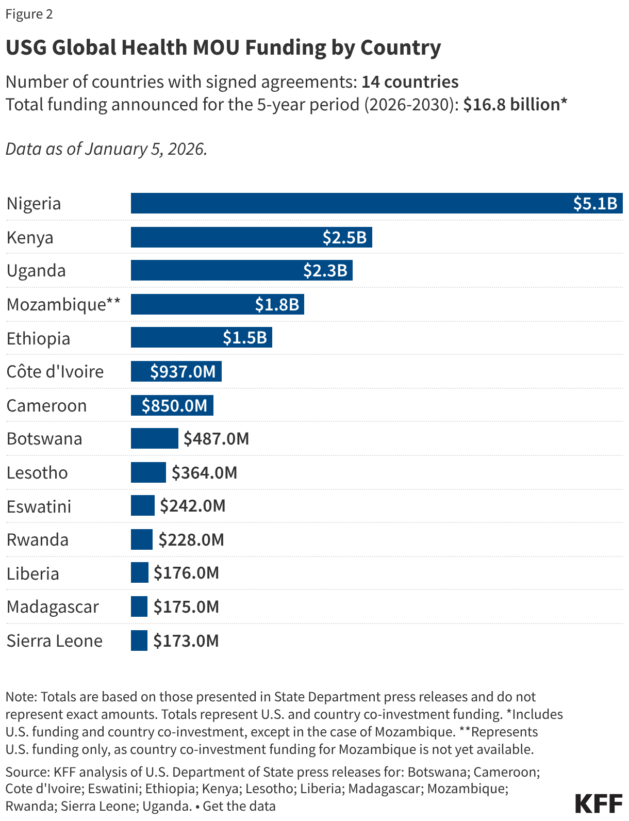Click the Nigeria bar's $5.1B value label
click(x=595, y=203)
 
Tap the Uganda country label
click(x=36, y=271)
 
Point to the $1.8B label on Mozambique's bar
click(x=277, y=304)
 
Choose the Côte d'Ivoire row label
click(x=55, y=371)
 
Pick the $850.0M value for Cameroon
click(x=174, y=405)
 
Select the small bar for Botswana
click(x=154, y=438)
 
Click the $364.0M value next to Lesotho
click(x=204, y=472)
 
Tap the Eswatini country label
click(x=39, y=506)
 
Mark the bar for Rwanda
click(x=141, y=539)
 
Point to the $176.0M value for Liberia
click(x=186, y=573)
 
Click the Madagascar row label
click(x=53, y=607)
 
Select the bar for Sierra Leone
click(x=139, y=641)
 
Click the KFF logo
click(x=599, y=803)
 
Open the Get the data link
click(x=239, y=806)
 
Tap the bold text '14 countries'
click(x=410, y=82)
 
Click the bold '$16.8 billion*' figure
click(x=515, y=105)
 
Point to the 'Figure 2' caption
click(x=29, y=14)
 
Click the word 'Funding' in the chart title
click(x=285, y=47)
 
